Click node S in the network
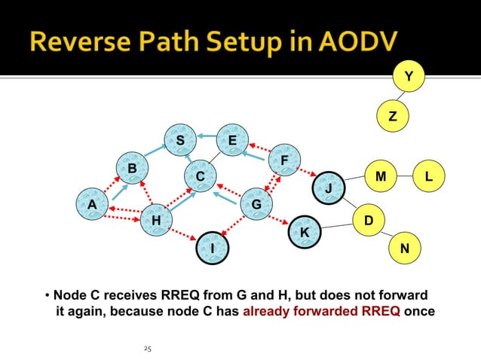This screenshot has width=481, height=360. pos(180,140)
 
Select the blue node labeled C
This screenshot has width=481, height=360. pos(200,176)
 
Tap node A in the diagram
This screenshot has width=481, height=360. pos(92,204)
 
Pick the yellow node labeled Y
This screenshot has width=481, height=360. pos(409,76)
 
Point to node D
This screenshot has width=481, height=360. pos(368,219)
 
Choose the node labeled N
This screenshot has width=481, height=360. pos(405,248)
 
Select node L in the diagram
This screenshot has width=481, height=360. pos(428,176)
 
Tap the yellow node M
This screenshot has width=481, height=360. pos(381,176)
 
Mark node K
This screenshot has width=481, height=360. pos(305,233)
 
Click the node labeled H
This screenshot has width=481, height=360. pos(156,220)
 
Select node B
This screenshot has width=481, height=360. pos(132,168)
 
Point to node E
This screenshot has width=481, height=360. pos(232,140)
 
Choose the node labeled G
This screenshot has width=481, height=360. pos(256,204)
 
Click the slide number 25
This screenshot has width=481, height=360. pos(147,349)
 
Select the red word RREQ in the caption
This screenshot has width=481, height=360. pos(381,310)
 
